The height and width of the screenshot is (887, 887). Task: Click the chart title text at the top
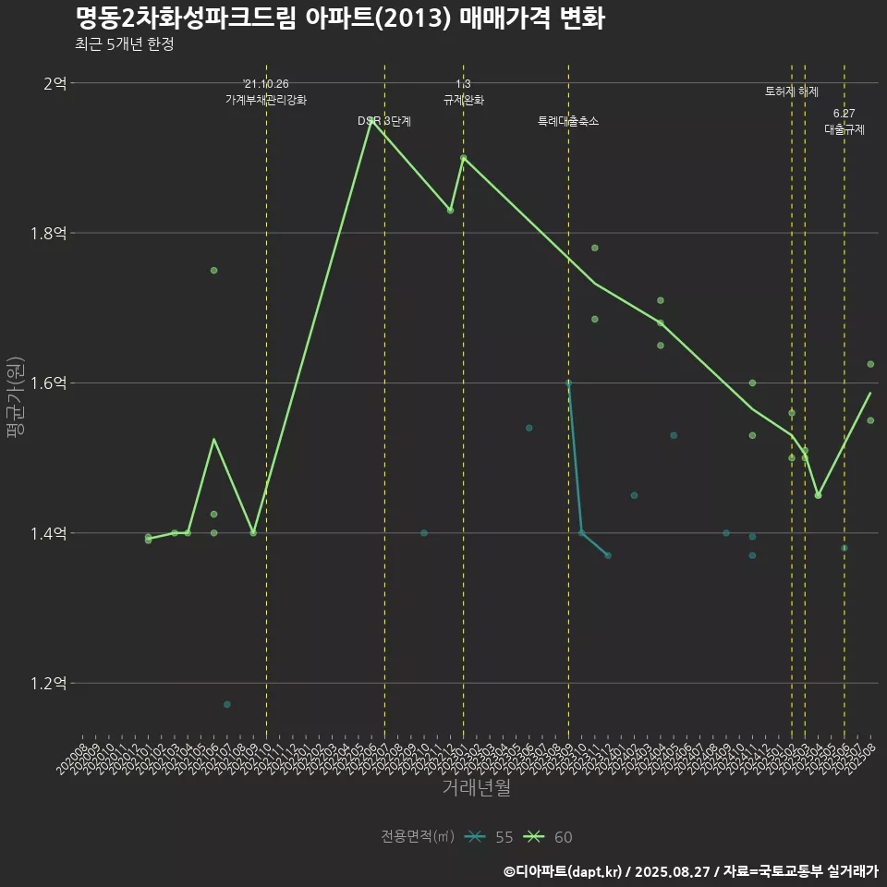point(339,18)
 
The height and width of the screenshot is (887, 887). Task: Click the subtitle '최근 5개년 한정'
point(124,44)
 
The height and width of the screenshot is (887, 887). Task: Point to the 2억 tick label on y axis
point(55,83)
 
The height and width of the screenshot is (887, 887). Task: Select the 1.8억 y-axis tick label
point(49,234)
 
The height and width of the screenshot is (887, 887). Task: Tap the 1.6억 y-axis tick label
point(49,383)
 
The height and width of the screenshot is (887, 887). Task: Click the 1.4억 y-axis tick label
point(49,534)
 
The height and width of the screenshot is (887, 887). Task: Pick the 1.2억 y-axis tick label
point(49,684)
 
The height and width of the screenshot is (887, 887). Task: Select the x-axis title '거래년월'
point(476,788)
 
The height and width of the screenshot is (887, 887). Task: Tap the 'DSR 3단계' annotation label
point(384,121)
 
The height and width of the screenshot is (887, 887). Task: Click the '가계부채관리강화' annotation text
point(266,100)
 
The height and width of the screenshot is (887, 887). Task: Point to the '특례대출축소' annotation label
point(568,121)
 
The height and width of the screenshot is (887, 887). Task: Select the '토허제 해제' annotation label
point(792,91)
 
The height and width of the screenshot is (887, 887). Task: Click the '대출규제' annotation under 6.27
point(844,130)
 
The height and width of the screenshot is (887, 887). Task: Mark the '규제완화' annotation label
point(463,100)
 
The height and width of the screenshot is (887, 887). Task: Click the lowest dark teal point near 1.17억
point(226,704)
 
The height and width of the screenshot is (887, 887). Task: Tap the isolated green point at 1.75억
point(213,270)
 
